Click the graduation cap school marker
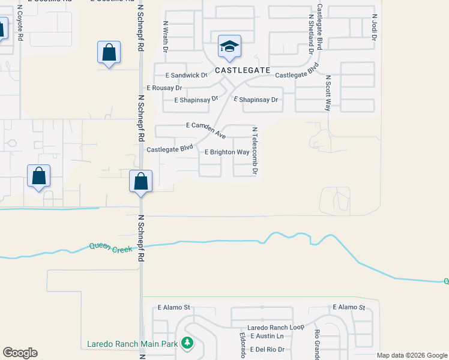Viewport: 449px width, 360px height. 229,47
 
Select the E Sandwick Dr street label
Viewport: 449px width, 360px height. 186,76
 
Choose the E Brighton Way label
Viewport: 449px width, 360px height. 227,152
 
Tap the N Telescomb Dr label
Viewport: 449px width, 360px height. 255,151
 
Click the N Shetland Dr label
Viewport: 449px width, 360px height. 310,35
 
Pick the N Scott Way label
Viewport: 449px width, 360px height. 328,93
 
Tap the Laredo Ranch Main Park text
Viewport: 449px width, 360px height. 133,344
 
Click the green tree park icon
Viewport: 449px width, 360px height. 188,343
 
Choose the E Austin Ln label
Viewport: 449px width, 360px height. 267,337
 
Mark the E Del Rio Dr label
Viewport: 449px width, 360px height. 267,349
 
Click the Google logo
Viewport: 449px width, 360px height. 20,353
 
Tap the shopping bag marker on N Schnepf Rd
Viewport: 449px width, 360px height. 140,180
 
